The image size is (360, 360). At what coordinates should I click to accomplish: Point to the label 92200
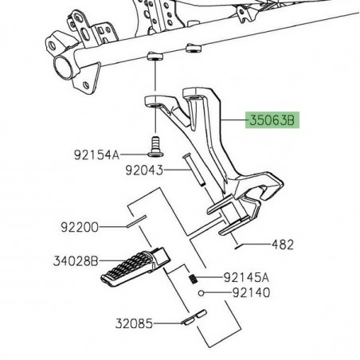coord(79,227)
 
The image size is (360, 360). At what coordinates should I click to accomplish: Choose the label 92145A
coord(246,278)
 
